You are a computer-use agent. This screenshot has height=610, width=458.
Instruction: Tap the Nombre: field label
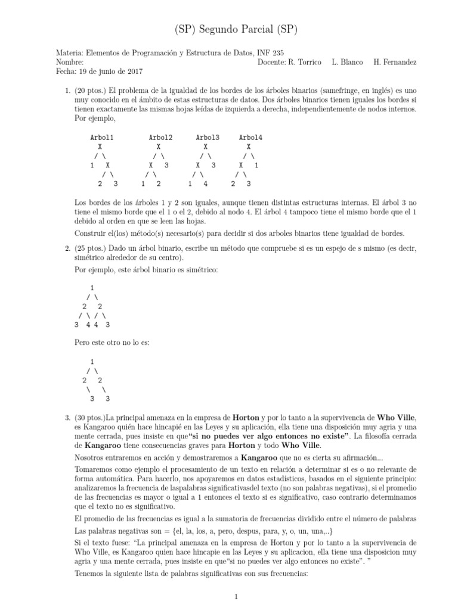[70, 62]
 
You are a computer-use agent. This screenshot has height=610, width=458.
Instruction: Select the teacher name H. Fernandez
[395, 62]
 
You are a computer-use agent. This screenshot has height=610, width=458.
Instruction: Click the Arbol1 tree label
[101, 138]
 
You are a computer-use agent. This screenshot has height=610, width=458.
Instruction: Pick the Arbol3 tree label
[208, 138]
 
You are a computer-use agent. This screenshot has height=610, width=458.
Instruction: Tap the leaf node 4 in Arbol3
[205, 184]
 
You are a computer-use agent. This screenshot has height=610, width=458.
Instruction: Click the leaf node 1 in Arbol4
[256, 165]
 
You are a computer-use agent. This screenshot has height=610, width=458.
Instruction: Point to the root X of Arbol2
[159, 147]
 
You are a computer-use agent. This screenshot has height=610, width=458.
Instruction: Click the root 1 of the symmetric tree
[91, 287]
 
